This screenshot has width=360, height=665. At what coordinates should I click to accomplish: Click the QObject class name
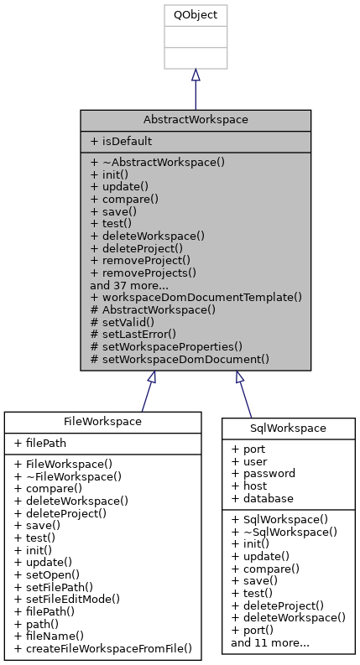pyautogui.click(x=195, y=15)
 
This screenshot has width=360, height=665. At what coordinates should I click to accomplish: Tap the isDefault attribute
pyautogui.click(x=122, y=142)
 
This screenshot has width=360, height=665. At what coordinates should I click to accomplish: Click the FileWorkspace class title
pyautogui.click(x=103, y=421)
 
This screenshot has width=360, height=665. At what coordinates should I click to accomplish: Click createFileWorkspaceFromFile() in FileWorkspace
pyautogui.click(x=103, y=648)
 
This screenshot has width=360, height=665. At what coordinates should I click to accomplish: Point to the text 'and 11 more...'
pyautogui.click(x=270, y=642)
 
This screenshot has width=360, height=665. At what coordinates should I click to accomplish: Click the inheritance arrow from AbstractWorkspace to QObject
pyautogui.click(x=195, y=89)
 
